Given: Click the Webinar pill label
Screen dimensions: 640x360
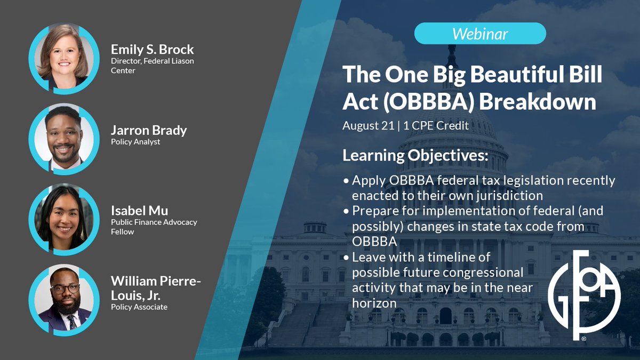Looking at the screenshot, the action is coord(480,34).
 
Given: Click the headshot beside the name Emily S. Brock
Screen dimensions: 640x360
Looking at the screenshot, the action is coord(64,59).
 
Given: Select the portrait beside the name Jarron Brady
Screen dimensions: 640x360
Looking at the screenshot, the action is coord(64,139).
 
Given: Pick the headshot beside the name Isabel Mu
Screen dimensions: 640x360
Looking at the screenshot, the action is coord(64,219).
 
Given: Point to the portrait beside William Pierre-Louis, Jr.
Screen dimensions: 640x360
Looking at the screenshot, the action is coord(64,300).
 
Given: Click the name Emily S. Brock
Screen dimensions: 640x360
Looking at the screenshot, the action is coord(153,50).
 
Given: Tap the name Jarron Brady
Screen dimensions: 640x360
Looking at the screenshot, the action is coord(149,130).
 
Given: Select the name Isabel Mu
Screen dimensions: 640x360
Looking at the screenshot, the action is coord(139,211).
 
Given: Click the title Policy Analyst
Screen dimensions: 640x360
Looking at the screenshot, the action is coord(135,142).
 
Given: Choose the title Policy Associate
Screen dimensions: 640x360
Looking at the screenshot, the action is coord(139,307).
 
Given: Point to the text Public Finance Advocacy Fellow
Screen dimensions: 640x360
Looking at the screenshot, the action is coord(154,227).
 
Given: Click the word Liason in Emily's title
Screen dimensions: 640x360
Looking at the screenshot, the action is coord(181,61).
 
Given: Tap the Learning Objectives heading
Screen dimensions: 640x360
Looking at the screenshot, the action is coord(415,156).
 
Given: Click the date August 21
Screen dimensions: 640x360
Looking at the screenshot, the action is coord(369,126).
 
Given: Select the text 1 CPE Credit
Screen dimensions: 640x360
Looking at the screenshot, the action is coord(436,126).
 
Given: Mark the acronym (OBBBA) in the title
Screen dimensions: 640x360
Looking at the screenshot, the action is coord(428,102).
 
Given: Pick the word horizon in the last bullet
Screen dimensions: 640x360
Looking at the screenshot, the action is coord(374,303).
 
